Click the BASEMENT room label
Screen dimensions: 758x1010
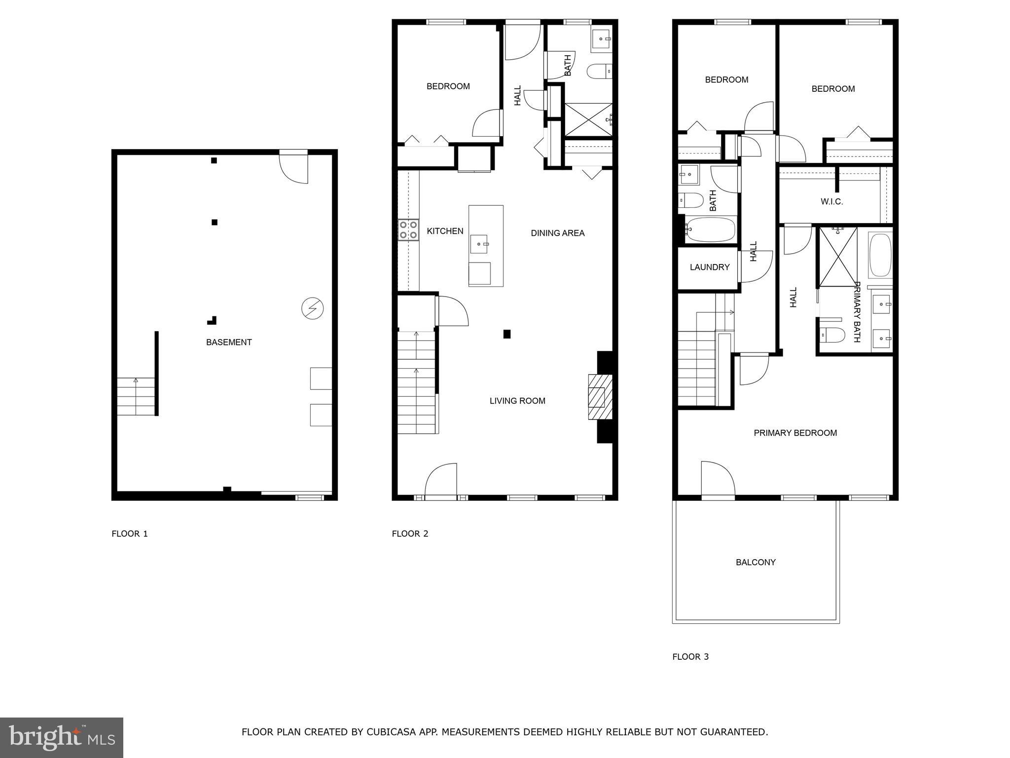229,342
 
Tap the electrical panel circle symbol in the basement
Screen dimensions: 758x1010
312,308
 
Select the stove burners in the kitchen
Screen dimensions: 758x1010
408,230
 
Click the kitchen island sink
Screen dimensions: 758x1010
479,244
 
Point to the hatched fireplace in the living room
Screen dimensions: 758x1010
599,397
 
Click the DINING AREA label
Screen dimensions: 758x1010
557,233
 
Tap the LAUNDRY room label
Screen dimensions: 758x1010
709,267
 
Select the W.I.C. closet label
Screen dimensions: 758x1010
831,201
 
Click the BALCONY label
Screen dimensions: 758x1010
756,562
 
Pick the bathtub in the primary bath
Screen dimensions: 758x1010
880,255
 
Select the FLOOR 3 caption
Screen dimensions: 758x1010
690,656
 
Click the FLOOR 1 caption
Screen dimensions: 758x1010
130,533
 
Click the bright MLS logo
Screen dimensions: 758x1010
62,737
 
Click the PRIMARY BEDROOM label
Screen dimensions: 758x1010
795,433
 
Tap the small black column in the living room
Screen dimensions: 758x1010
506,334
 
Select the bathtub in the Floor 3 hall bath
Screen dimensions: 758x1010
710,229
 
